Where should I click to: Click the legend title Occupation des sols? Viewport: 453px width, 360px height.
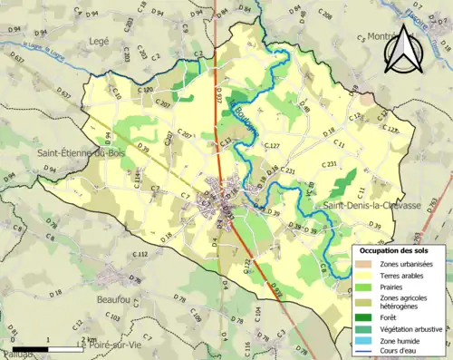395,249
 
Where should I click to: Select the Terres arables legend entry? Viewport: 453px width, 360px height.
404,276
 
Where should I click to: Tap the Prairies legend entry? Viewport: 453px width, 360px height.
395,288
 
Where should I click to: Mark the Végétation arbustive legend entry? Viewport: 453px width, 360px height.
411,328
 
